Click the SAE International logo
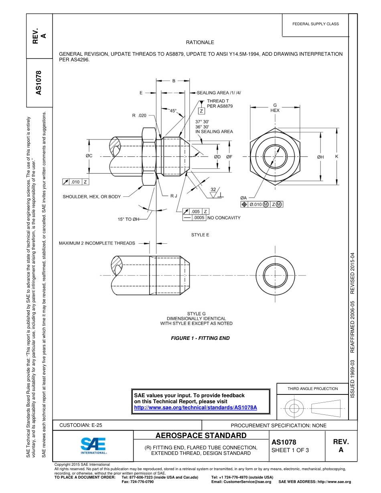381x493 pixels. click(93, 445)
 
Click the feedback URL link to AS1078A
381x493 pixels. click(195, 407)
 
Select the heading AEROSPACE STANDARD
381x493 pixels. click(201, 436)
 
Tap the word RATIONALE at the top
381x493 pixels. click(200, 42)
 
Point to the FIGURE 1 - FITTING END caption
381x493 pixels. click(200, 338)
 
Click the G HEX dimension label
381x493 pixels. click(275, 108)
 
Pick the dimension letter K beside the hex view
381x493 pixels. click(336, 157)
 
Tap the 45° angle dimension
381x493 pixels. click(173, 111)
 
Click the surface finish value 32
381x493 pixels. click(213, 190)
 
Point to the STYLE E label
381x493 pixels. click(200, 235)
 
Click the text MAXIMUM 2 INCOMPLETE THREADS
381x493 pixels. click(97, 243)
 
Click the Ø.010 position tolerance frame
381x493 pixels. click(261, 204)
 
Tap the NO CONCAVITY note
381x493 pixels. click(224, 218)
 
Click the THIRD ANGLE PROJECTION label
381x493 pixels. click(312, 388)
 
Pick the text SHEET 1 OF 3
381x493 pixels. click(290, 450)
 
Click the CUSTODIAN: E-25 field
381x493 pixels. click(81, 425)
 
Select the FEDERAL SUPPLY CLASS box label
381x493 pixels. click(316, 24)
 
